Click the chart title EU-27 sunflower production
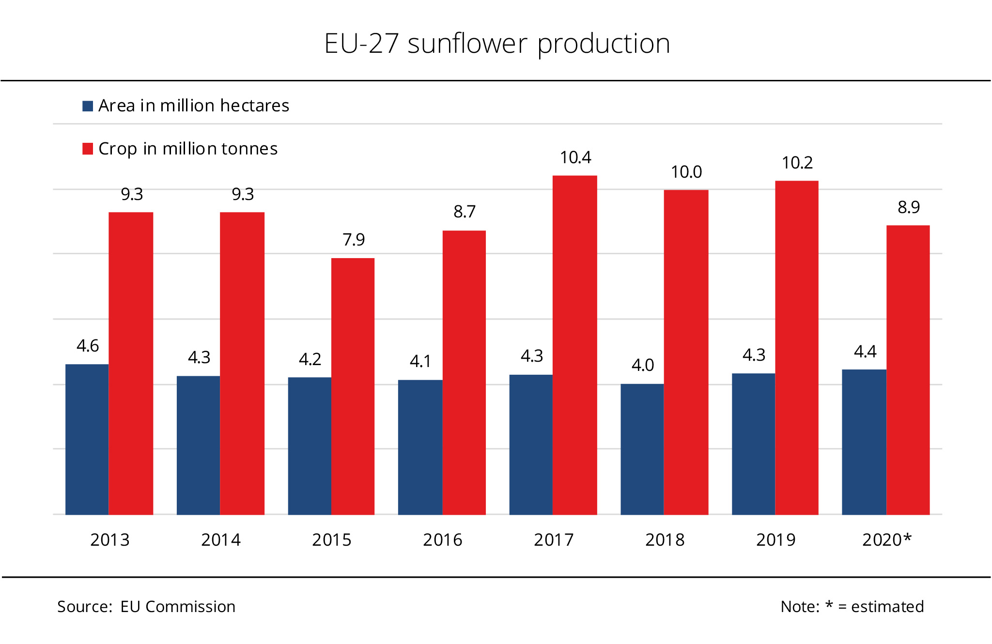coord(497,44)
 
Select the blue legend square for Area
coord(88,106)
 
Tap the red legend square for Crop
coord(88,149)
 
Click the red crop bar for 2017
coord(574,345)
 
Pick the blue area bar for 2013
coord(87,439)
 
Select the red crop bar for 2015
coord(353,386)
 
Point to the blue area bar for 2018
coord(642,449)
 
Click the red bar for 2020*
coord(908,369)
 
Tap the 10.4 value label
coord(575,157)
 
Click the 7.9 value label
coord(354,240)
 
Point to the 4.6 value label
coord(88,346)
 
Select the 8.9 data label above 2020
coord(908,207)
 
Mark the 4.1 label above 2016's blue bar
coord(420,361)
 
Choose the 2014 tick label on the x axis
coord(221,540)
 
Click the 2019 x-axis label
coord(775,540)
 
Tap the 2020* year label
coord(886,540)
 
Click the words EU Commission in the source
coord(178,607)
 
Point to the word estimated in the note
coord(887,607)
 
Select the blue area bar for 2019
coord(753,444)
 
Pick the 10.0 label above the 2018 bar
coord(686,172)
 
